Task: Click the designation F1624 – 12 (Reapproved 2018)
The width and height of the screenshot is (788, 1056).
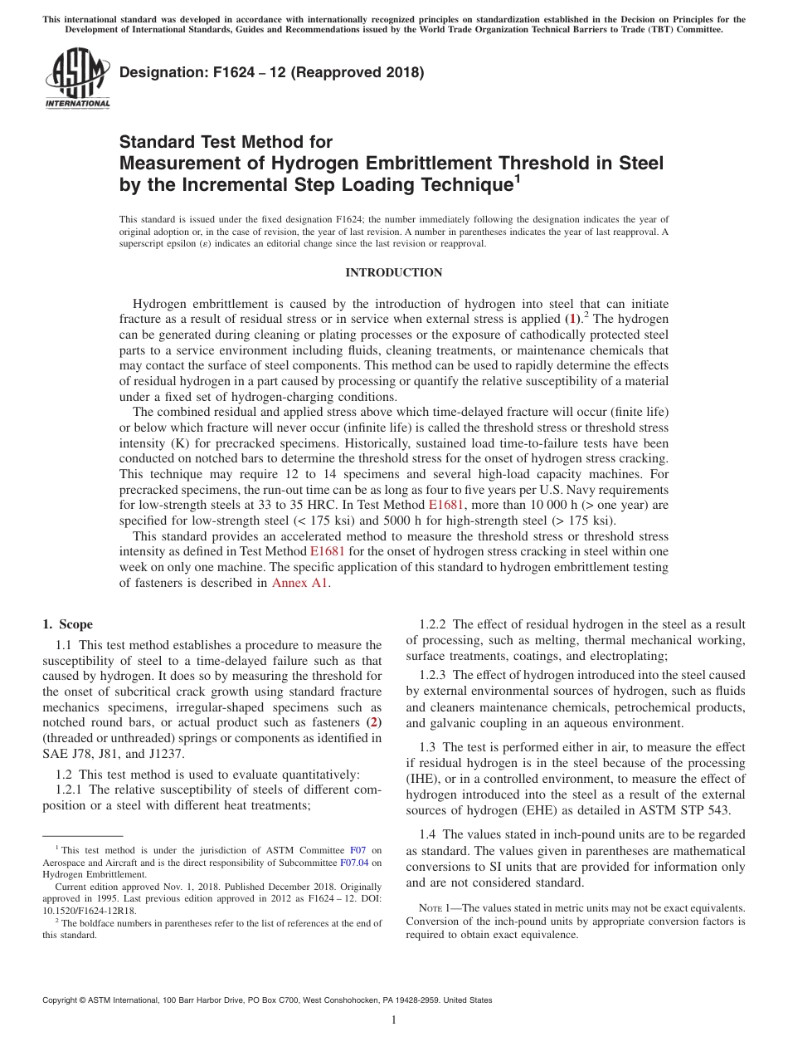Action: click(272, 73)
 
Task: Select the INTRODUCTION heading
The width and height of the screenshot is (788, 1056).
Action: click(393, 272)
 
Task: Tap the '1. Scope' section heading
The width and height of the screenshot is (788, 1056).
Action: click(68, 624)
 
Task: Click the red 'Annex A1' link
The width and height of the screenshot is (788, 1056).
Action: click(300, 583)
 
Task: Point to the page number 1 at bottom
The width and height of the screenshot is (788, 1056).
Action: click(394, 1020)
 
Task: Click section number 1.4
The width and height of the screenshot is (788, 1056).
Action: click(428, 834)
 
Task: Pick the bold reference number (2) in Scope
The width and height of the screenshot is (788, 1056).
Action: click(374, 721)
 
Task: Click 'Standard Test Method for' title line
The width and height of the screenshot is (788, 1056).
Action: click(226, 143)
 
